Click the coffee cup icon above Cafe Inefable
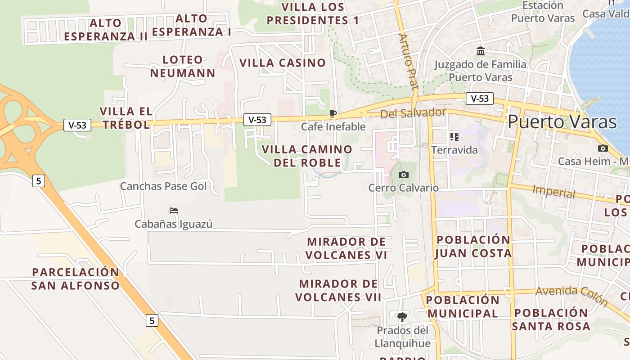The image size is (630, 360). click(x=333, y=113)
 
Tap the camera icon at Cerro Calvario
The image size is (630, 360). click(x=404, y=175)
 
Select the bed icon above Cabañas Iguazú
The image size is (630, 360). click(x=174, y=210)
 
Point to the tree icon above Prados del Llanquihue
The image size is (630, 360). click(x=402, y=317)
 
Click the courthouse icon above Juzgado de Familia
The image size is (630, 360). click(x=480, y=51)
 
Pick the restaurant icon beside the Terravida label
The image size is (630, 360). click(x=454, y=136)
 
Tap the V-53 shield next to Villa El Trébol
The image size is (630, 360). click(x=77, y=125)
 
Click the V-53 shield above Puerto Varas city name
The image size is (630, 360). click(x=479, y=99)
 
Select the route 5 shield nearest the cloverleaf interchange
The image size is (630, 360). click(x=39, y=181)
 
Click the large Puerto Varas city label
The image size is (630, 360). click(x=562, y=122)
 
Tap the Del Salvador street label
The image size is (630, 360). click(x=413, y=113)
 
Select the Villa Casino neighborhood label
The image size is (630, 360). click(x=283, y=63)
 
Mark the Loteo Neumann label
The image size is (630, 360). click(x=183, y=66)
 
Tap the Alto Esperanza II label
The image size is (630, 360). click(x=106, y=30)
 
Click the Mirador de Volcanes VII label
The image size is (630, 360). click(x=338, y=290)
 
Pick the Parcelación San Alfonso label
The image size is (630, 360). click(x=76, y=279)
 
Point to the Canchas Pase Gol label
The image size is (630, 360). click(x=163, y=186)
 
